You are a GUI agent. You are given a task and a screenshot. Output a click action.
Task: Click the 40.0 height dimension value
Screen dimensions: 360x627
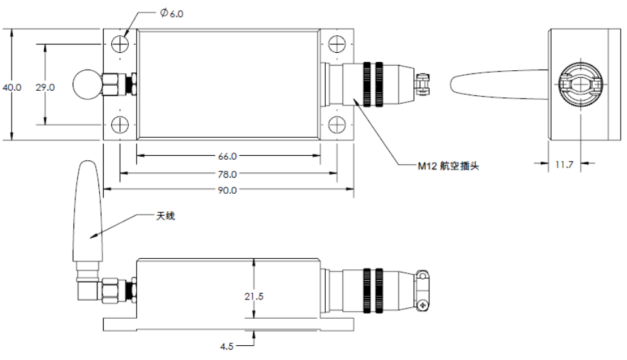pyautogui.click(x=12, y=87)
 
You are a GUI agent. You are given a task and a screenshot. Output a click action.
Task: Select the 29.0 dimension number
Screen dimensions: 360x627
pyautogui.click(x=44, y=87)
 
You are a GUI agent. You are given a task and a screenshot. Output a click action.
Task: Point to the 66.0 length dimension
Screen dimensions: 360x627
pyautogui.click(x=229, y=156)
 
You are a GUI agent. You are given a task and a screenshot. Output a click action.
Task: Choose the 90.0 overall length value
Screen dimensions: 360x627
pyautogui.click(x=229, y=191)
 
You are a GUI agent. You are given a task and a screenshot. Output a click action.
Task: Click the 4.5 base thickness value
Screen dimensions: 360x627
pyautogui.click(x=227, y=346)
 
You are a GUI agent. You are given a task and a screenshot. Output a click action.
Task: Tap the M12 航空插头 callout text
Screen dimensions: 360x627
pyautogui.click(x=449, y=166)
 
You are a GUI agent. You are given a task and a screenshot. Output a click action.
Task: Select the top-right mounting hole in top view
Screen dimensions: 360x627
pyautogui.click(x=337, y=44)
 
